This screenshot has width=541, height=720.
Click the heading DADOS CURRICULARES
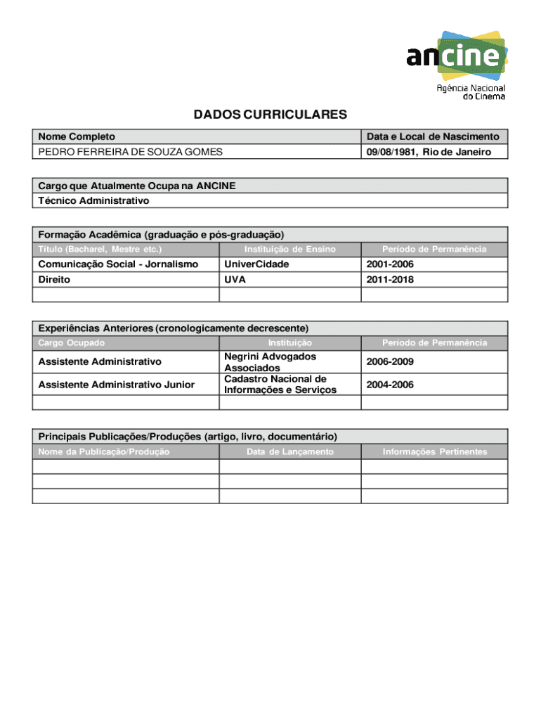pos(270,115)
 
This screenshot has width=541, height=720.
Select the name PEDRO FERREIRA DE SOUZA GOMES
pos(130,152)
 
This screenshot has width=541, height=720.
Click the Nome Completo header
pos(77,136)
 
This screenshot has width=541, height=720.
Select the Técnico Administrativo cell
pos(93,200)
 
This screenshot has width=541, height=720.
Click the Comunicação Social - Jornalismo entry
pos(118,264)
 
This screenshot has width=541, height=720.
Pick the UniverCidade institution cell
pos(256,264)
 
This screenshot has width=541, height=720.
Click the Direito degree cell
pos(54,279)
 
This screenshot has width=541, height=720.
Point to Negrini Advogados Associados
pos(270,362)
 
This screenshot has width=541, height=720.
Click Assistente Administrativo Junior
pos(116,385)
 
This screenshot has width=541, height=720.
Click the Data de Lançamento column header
pos(290,451)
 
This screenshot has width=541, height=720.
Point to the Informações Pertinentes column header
pos(434,451)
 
